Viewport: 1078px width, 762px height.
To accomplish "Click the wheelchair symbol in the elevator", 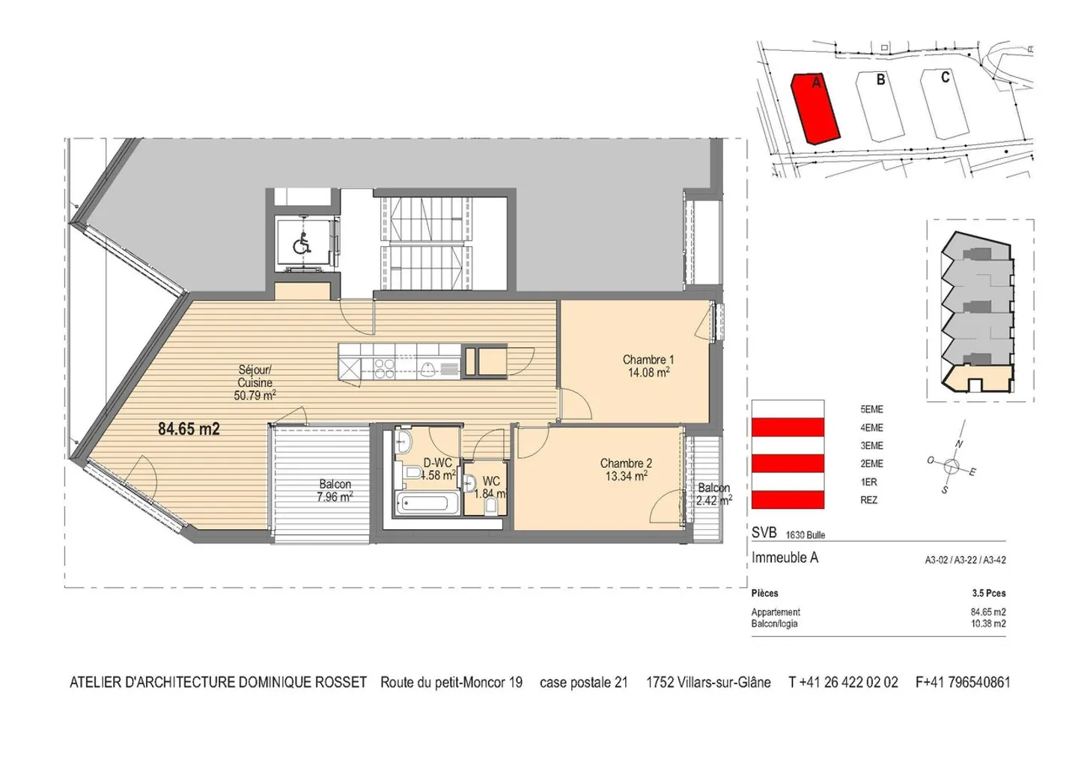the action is point(302,243).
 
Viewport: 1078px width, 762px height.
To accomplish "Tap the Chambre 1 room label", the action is point(648,366).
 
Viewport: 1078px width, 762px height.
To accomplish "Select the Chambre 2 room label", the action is point(626,469).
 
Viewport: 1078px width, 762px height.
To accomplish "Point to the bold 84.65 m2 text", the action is point(189,429).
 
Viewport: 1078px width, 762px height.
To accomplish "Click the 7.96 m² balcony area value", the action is point(335,496).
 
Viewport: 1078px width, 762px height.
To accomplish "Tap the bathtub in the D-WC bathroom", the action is point(425,503).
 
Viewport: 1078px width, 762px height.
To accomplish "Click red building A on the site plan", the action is point(816,109).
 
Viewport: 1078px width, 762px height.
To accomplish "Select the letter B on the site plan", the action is point(880,79).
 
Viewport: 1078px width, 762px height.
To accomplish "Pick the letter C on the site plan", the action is point(945,77).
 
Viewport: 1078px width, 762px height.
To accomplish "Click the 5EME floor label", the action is point(871,409).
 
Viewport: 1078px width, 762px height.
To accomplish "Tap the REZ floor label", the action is point(868,500).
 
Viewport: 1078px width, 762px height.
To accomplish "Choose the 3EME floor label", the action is point(871,445).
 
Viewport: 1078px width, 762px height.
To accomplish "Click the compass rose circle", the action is point(951,466).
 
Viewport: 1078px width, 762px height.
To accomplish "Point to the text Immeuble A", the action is point(785,558).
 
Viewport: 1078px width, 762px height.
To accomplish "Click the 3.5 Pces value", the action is point(988,593).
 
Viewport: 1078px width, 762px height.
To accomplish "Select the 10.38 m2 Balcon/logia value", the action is point(988,624).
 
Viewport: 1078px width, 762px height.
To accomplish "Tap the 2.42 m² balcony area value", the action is point(714,500).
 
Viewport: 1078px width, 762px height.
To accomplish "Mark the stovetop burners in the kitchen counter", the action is point(385,368).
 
